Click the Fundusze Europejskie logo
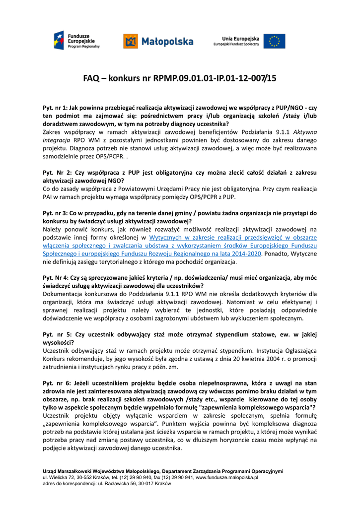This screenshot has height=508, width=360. pyautogui.click(x=77, y=40)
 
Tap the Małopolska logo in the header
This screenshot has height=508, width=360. pyautogui.click(x=158, y=41)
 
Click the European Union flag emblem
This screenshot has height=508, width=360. pyautogui.click(x=274, y=41)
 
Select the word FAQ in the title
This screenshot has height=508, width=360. pyautogui.click(x=91, y=78)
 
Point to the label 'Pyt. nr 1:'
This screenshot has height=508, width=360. pyautogui.click(x=56, y=108)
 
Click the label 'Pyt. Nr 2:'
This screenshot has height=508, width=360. pyautogui.click(x=56, y=173)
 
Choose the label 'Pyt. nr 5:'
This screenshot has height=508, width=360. pyautogui.click(x=56, y=334)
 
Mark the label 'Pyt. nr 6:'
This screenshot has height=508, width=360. pyautogui.click(x=56, y=383)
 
